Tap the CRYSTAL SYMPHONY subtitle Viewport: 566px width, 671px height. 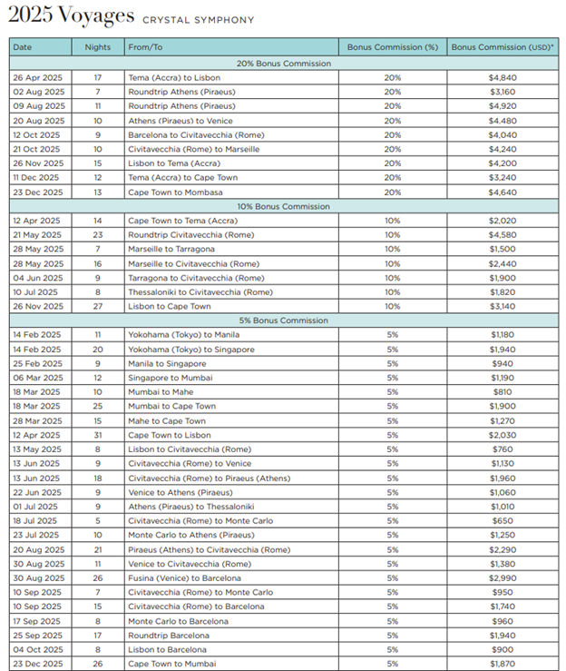198,19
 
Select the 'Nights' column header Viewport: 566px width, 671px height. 97,46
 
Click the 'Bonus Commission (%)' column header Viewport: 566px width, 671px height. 391,46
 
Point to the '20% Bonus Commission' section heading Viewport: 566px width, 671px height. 283,64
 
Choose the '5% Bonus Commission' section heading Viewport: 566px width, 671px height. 283,321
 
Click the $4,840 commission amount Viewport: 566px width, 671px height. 503,78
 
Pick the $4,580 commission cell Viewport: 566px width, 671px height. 503,235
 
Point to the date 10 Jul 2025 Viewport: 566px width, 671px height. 37,292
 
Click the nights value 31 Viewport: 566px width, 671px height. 97,435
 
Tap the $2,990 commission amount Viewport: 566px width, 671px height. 503,577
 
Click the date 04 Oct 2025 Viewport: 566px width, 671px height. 38,649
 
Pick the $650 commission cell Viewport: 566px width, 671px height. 503,520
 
